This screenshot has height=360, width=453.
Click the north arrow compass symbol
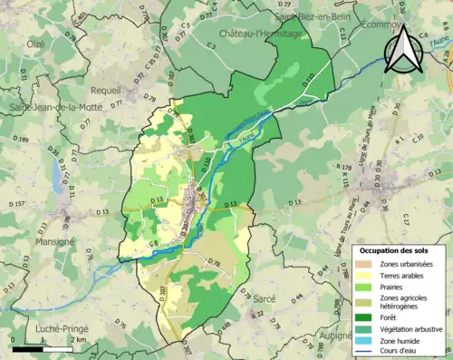[x=405, y=49]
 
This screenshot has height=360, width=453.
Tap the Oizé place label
[x=35, y=43]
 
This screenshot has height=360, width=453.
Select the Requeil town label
[x=105, y=91]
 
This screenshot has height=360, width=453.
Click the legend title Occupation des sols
[x=400, y=249]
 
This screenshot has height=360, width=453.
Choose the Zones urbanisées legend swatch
[x=367, y=263]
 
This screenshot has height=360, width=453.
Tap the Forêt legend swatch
[x=367, y=317]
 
